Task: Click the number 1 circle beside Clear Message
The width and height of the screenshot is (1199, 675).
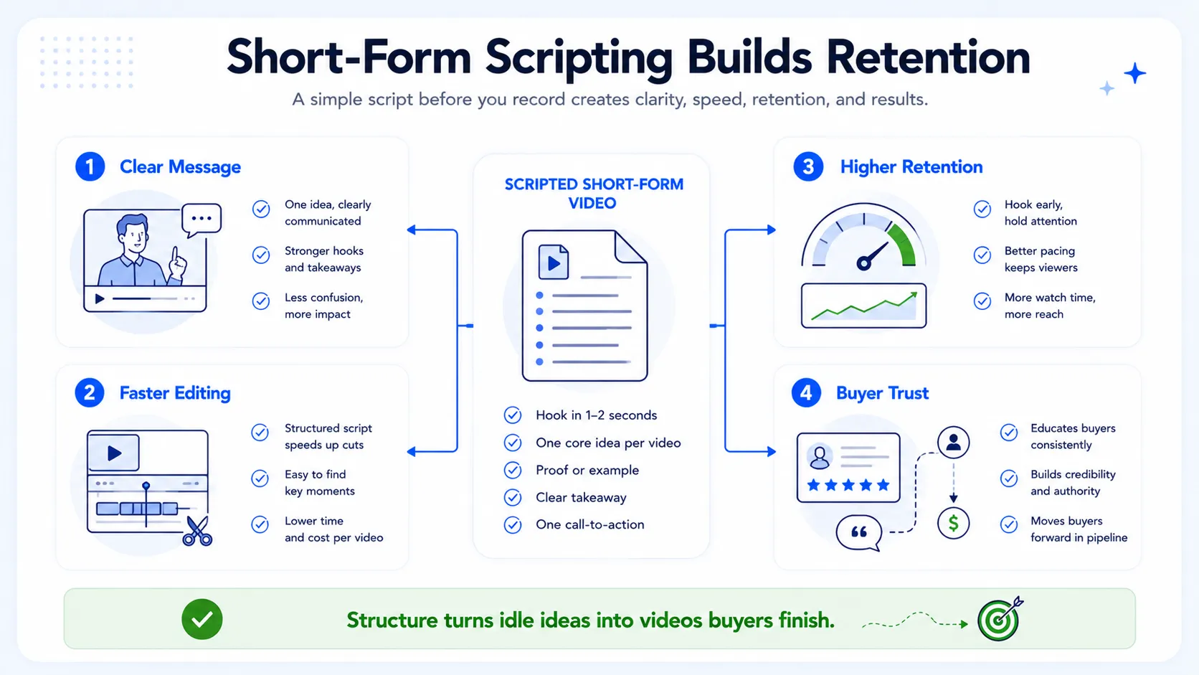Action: [x=90, y=166]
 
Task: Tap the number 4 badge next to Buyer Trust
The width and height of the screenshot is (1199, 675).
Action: [x=806, y=393]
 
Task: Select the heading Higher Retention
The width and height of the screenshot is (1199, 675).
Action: [x=911, y=167]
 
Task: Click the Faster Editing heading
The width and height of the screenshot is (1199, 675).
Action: [x=175, y=393]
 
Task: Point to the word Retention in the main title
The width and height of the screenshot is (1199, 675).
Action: [x=928, y=57]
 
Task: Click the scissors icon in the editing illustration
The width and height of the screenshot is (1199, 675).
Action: [x=197, y=531]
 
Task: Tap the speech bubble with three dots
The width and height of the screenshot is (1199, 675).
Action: [x=202, y=220]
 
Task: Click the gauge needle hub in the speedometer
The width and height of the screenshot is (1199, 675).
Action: [x=863, y=263]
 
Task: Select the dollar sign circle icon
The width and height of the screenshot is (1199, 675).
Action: [x=953, y=523]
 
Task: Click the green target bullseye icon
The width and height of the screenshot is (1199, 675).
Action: [x=998, y=620]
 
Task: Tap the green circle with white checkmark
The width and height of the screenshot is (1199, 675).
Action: [x=202, y=619]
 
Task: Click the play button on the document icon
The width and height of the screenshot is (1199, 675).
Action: [x=554, y=263]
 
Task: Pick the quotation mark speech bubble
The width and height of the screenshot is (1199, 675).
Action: [x=859, y=533]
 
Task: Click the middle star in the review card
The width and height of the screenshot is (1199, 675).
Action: [x=848, y=485]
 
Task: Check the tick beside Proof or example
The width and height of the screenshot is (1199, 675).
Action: [x=513, y=470]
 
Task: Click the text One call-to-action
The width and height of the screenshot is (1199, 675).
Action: [x=590, y=524]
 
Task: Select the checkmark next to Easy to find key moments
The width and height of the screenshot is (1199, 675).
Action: [x=260, y=478]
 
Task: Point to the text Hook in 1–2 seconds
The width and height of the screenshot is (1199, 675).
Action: [x=597, y=415]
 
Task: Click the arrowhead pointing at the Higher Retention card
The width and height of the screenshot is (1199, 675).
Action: [x=772, y=230]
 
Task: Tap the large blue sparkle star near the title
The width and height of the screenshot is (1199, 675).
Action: [x=1134, y=73]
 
